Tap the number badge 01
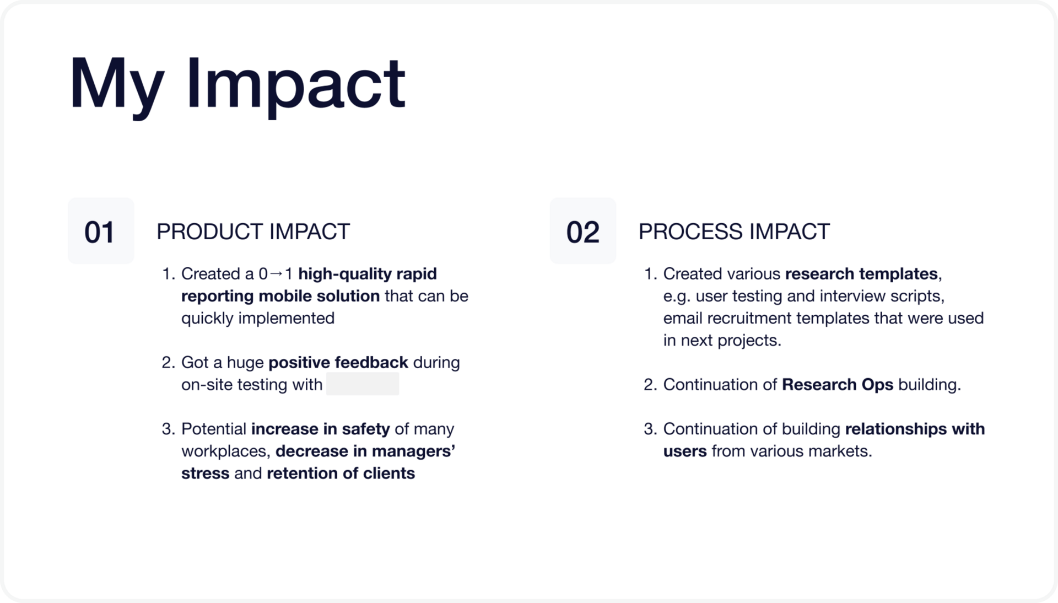(101, 231)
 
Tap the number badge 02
(583, 231)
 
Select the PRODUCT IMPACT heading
(253, 231)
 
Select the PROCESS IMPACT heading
(734, 231)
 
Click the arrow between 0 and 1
(276, 273)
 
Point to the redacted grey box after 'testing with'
(363, 384)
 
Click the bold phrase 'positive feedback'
(338, 362)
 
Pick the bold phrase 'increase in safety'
(321, 429)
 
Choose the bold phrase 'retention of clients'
(341, 473)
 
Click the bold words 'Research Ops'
(838, 384)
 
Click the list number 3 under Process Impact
(650, 429)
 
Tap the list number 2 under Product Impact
(168, 362)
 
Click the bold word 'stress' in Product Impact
(206, 473)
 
